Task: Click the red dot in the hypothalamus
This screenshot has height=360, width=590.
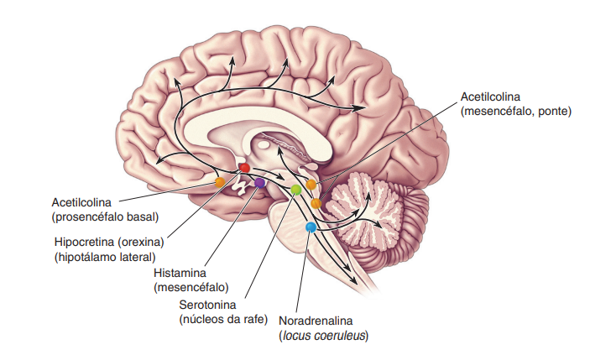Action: pyautogui.click(x=245, y=168)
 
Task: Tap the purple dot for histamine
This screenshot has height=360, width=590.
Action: pyautogui.click(x=259, y=182)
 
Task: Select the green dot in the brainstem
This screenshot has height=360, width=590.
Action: pyautogui.click(x=295, y=190)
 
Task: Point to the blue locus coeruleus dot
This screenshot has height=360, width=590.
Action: pyautogui.click(x=311, y=227)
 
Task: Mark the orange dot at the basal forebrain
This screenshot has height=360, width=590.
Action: pyautogui.click(x=220, y=182)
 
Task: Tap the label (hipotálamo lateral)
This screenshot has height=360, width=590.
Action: pyautogui.click(x=105, y=257)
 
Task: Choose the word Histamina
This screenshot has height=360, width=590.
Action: pyautogui.click(x=180, y=274)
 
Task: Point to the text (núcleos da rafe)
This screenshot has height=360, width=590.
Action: pyautogui.click(x=223, y=318)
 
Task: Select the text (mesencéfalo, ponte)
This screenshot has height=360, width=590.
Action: pyautogui.click(x=515, y=112)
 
